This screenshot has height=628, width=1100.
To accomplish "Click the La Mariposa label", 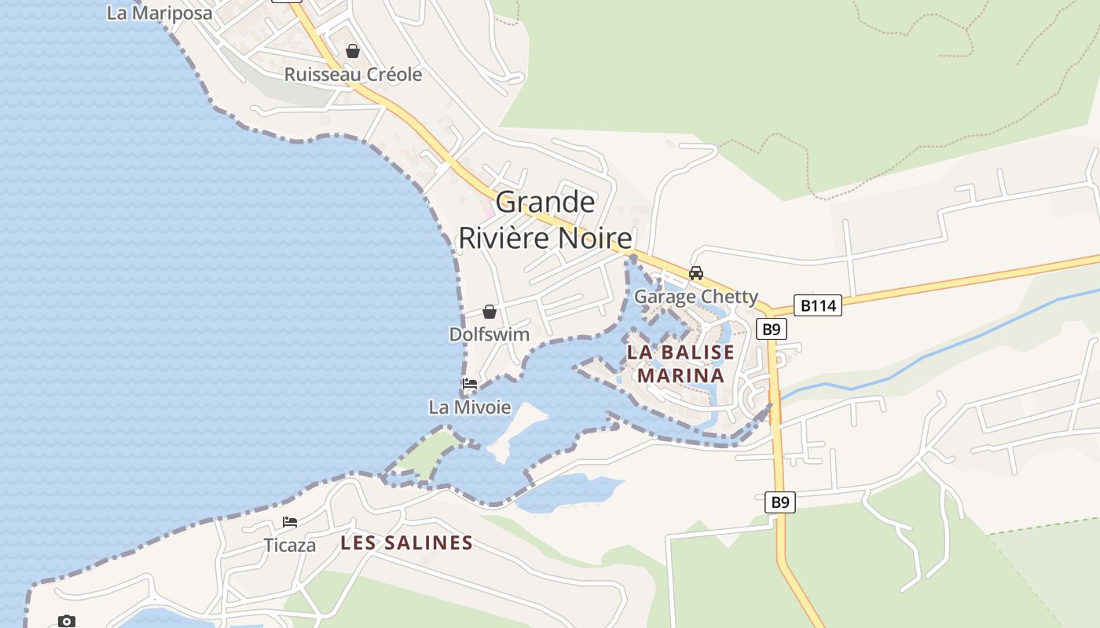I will click(x=159, y=13).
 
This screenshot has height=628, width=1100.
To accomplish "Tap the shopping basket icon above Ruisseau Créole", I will click(x=353, y=51).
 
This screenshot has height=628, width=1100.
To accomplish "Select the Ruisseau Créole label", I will click(x=353, y=75).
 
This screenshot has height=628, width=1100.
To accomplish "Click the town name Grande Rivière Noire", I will click(x=545, y=220).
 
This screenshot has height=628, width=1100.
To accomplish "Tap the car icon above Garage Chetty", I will click(x=695, y=273).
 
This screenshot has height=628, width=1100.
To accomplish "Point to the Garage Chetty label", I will click(x=695, y=297).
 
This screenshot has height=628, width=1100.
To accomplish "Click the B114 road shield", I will click(x=817, y=305).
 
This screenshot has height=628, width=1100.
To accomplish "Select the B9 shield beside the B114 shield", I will click(x=772, y=329).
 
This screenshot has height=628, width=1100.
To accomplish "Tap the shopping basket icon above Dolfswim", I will click(x=489, y=312).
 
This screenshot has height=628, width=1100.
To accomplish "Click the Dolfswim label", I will click(x=489, y=334).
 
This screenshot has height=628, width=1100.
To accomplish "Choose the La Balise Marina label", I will click(x=680, y=363).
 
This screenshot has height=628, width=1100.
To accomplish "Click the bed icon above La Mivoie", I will click(x=470, y=384).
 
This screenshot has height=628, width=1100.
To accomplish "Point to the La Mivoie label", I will click(x=470, y=407).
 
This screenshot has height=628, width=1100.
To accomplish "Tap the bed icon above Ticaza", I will click(x=290, y=522).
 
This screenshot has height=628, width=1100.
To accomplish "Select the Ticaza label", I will click(x=290, y=546).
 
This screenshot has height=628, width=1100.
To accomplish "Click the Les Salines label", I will click(x=406, y=542).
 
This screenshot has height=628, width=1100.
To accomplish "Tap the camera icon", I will click(x=67, y=621).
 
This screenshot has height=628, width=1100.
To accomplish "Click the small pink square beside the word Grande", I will click(x=488, y=212).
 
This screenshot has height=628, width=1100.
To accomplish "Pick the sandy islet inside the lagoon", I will click(x=515, y=428).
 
